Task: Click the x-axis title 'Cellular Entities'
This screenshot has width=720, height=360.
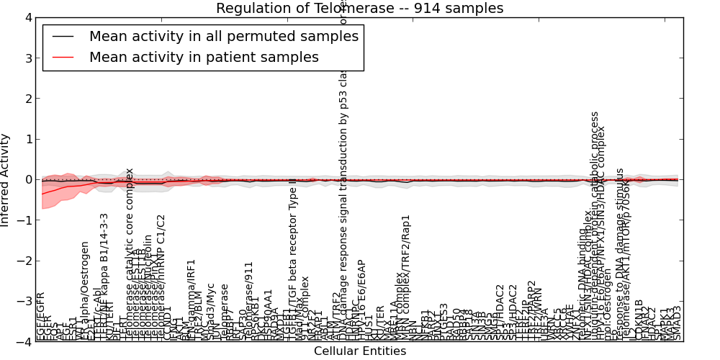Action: [359, 351]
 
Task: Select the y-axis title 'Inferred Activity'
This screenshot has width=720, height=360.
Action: [6, 180]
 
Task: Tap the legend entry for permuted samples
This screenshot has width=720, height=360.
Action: [223, 36]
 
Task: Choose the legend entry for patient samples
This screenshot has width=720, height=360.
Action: [204, 57]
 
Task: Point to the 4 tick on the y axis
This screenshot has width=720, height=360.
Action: [26, 17]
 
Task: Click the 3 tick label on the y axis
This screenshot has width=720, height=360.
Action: [26, 58]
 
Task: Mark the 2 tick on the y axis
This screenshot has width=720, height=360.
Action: [26, 99]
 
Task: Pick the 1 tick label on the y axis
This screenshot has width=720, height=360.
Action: [26, 139]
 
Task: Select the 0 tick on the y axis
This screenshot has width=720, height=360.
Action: [26, 180]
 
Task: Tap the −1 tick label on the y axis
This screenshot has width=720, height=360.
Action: [23, 220]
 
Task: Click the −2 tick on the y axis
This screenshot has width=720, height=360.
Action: [23, 261]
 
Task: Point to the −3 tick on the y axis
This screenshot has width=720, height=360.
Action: [23, 302]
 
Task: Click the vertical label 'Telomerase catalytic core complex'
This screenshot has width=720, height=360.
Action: [130, 252]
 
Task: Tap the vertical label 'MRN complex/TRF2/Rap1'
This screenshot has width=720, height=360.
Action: [406, 277]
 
